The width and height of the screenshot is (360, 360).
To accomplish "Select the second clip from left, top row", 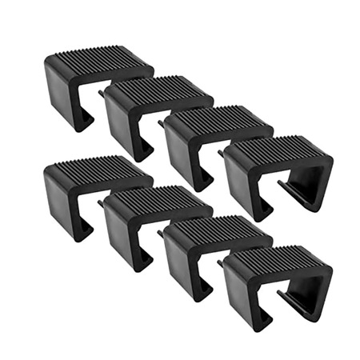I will click(148, 112).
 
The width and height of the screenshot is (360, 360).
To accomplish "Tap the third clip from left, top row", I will click(208, 140).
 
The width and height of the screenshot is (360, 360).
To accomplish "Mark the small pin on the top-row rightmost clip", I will click(221, 150).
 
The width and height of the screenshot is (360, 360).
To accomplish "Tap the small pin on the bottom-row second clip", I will click(101, 203).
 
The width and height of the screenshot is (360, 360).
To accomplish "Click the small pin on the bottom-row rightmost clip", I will click(221, 261).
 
